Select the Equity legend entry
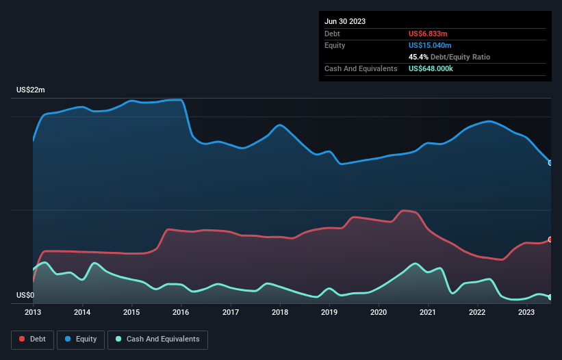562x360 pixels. [x=81, y=339]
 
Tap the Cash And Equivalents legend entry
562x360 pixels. [x=157, y=339]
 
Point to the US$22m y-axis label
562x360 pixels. [x=31, y=90]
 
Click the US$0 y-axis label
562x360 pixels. [x=25, y=296]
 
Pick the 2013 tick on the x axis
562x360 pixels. [x=33, y=313]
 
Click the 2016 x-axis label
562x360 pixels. [x=181, y=313]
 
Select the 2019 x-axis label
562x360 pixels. [x=329, y=313]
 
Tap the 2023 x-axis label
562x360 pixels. [x=526, y=313]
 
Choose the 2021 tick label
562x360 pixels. [x=428, y=313]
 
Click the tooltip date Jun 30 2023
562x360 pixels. [x=345, y=21]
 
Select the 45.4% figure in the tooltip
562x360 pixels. [x=418, y=57]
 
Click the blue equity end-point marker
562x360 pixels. [x=550, y=163]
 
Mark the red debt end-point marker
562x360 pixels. [x=550, y=240]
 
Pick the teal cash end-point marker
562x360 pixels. [x=550, y=297]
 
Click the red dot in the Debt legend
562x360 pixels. [x=22, y=339]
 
